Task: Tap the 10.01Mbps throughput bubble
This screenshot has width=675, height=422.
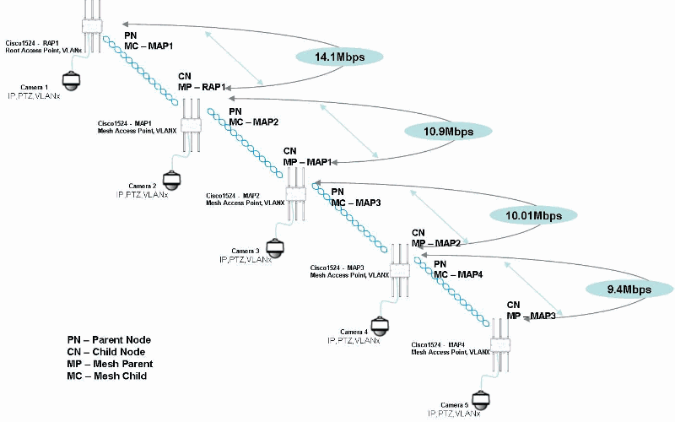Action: click(x=533, y=215)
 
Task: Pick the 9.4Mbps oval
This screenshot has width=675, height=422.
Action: click(x=629, y=289)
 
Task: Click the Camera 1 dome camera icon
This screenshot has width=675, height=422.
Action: click(x=71, y=83)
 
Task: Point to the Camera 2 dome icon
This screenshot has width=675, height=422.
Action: click(x=172, y=180)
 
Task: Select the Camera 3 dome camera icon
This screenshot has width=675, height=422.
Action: click(x=274, y=247)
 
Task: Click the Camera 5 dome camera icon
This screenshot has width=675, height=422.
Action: click(x=480, y=398)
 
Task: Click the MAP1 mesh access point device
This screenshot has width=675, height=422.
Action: click(x=192, y=127)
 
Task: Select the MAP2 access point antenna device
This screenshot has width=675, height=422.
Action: click(x=295, y=194)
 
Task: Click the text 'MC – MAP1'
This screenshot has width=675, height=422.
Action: click(x=149, y=44)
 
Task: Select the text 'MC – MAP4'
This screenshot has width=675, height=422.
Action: click(x=459, y=274)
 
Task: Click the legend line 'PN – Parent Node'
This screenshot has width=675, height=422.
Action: click(x=115, y=340)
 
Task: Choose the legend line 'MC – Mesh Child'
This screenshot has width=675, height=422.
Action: click(x=107, y=376)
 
